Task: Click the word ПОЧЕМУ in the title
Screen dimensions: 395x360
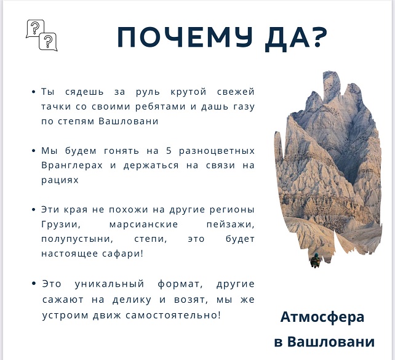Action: click(x=185, y=37)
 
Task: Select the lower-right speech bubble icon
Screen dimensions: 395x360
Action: click(x=48, y=42)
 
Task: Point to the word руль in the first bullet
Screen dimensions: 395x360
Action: click(x=148, y=92)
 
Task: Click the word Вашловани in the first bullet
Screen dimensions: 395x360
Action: click(x=129, y=121)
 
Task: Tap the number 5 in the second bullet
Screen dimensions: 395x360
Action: click(x=169, y=151)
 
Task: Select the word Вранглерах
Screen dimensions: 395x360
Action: click(x=72, y=166)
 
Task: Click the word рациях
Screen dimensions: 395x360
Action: click(x=60, y=180)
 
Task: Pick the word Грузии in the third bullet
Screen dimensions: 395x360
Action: click(x=61, y=225)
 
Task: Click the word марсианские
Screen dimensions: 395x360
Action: click(x=143, y=224)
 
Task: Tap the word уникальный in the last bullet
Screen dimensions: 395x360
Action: click(x=110, y=284)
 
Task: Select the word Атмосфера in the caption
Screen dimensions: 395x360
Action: click(x=322, y=318)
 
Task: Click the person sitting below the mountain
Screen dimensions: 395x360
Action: click(x=315, y=260)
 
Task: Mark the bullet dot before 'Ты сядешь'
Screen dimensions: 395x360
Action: click(x=33, y=92)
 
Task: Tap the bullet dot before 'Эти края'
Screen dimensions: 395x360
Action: click(x=33, y=210)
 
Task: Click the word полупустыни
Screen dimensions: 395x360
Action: click(x=78, y=239)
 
